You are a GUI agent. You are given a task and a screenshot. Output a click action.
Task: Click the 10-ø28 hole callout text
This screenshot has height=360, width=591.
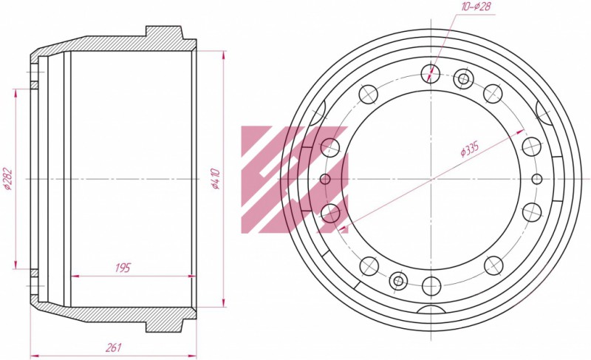pyautogui.click(x=476, y=7)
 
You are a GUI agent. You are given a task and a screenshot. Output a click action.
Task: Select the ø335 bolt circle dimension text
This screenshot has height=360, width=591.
pyautogui.click(x=470, y=149)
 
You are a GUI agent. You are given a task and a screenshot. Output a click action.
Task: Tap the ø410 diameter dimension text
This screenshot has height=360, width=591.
pyautogui.click(x=215, y=179)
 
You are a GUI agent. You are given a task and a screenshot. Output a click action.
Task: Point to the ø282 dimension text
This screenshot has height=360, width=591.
pyautogui.click(x=7, y=179)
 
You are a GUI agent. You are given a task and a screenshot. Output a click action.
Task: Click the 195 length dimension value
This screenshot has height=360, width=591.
pyautogui.click(x=123, y=268)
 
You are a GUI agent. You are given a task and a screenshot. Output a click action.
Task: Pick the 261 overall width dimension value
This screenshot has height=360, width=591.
pyautogui.click(x=113, y=347)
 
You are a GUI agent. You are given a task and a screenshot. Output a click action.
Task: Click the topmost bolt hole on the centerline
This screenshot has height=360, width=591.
pyautogui.click(x=431, y=73)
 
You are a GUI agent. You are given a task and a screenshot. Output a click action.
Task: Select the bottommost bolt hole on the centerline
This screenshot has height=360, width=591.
pyautogui.click(x=431, y=286)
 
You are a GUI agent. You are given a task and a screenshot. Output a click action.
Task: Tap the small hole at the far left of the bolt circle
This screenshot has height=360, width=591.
pyautogui.click(x=325, y=179)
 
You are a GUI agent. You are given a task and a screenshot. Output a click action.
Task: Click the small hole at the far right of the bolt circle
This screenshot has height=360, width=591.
pyautogui.click(x=537, y=179)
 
